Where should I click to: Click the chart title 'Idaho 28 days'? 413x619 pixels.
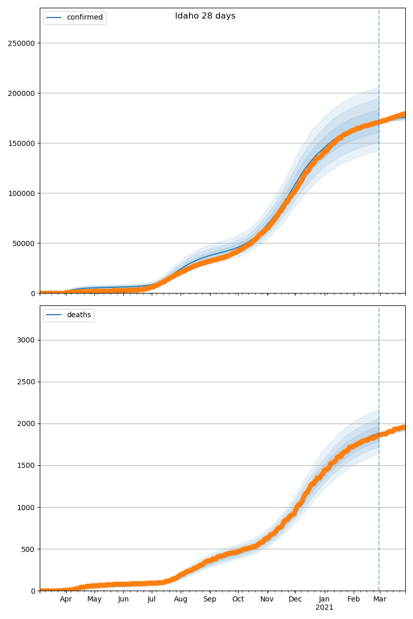tap(205, 16)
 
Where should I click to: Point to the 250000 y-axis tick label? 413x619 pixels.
tap(21, 43)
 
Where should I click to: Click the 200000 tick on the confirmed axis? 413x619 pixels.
tap(21, 93)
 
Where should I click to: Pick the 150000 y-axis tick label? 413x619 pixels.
tap(21, 143)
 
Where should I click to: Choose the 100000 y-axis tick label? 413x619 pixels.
tap(21, 193)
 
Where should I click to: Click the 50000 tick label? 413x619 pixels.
tap(23, 243)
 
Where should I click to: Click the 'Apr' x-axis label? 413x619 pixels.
tap(66, 599)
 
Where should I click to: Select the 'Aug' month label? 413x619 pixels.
tap(181, 599)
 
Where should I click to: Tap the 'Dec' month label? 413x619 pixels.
tap(295, 599)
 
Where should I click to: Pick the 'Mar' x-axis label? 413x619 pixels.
tap(380, 599)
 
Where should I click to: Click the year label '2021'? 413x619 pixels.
tap(324, 608)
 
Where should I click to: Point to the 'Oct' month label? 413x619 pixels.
tap(238, 599)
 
